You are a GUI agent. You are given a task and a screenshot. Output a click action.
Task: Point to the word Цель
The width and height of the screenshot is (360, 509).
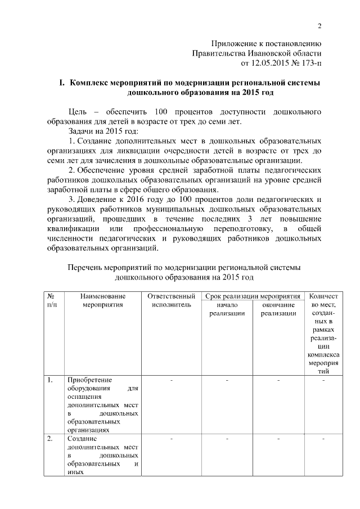[x=78, y=111]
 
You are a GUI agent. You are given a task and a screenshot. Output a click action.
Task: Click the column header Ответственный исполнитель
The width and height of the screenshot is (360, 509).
[x=171, y=300]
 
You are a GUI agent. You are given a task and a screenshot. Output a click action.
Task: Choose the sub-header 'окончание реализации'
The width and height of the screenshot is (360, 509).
[x=278, y=309]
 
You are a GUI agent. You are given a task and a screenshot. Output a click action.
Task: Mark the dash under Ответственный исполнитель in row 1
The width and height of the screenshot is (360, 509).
[x=171, y=381]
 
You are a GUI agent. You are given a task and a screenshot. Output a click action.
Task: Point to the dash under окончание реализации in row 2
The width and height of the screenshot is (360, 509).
[x=278, y=439]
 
